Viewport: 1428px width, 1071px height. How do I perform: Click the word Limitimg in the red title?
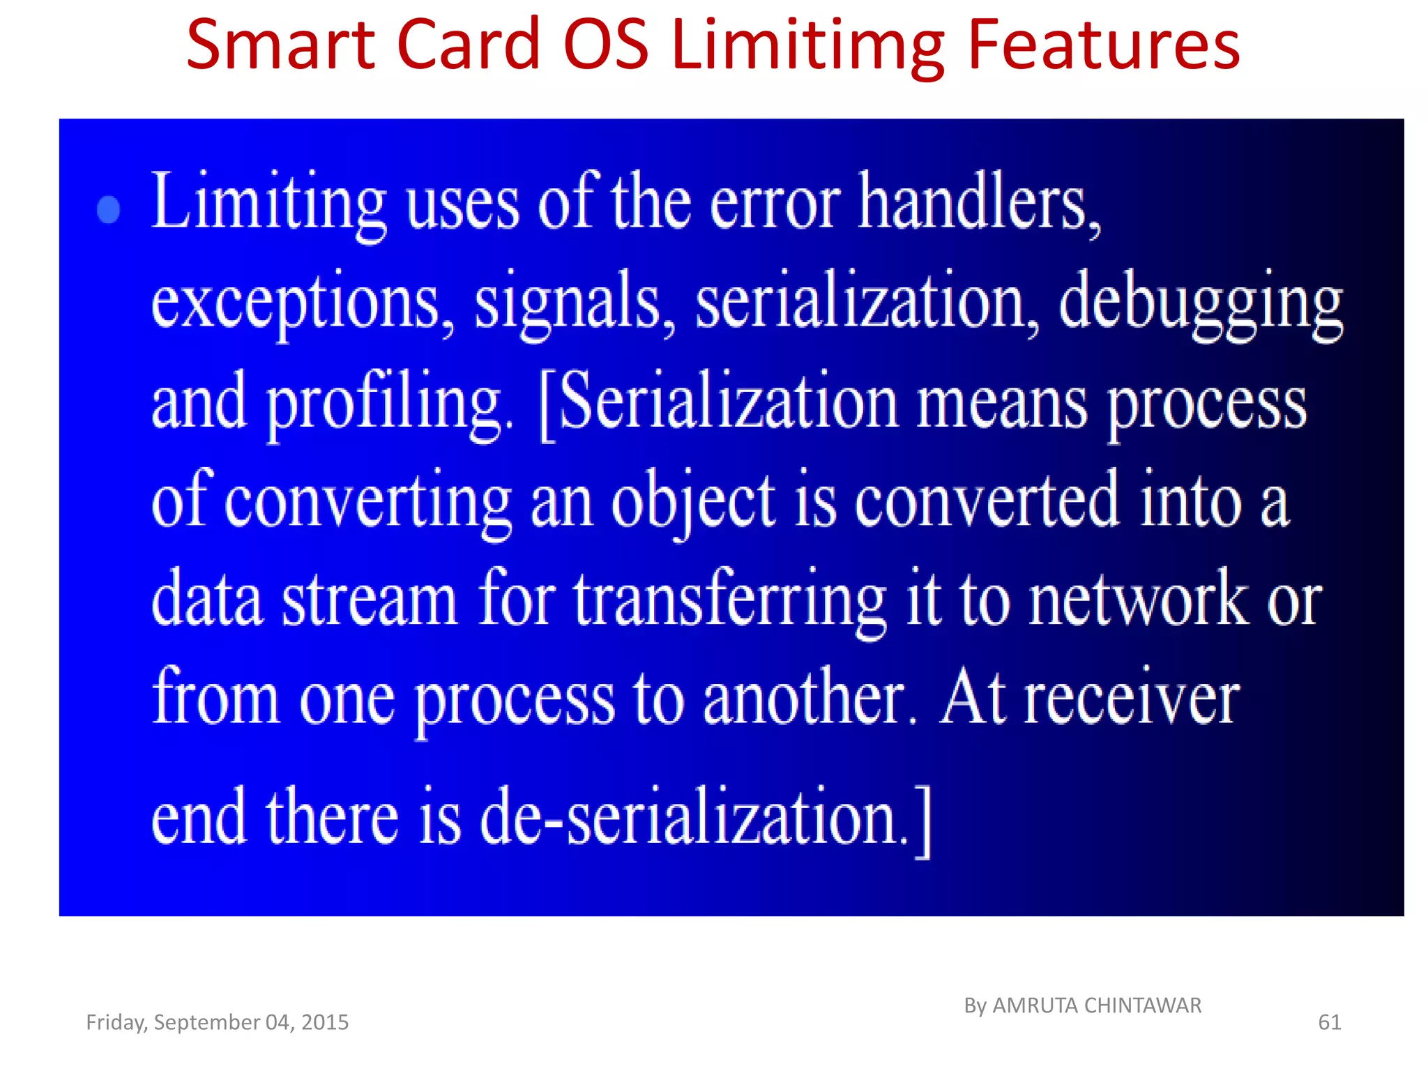809,46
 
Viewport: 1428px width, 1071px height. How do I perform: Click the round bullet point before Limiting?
109,209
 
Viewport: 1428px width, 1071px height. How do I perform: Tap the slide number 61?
1329,1022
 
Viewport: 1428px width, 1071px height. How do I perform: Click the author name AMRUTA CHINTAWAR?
1096,1005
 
